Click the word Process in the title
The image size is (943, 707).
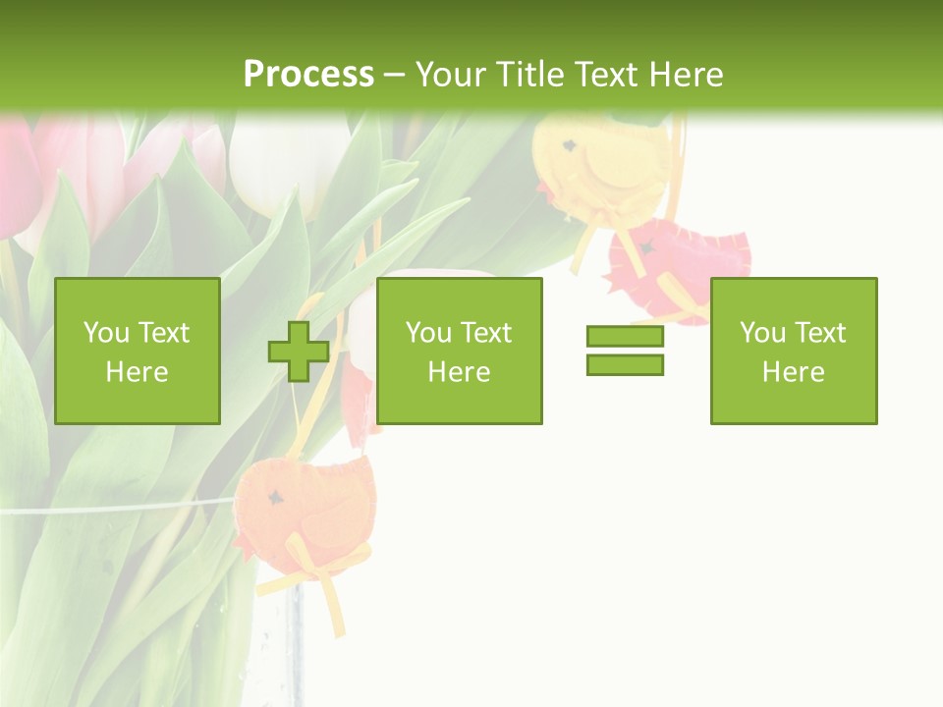click(308, 75)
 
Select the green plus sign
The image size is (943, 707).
click(299, 352)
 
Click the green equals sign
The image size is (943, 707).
click(625, 351)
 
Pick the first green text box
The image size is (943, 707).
click(138, 352)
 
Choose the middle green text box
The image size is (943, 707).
click(459, 352)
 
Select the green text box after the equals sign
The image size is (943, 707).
click(794, 352)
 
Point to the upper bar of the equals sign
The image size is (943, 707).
click(625, 337)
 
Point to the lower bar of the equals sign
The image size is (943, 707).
click(625, 364)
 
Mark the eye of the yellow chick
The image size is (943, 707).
click(568, 147)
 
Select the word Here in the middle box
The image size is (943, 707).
click(459, 372)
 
